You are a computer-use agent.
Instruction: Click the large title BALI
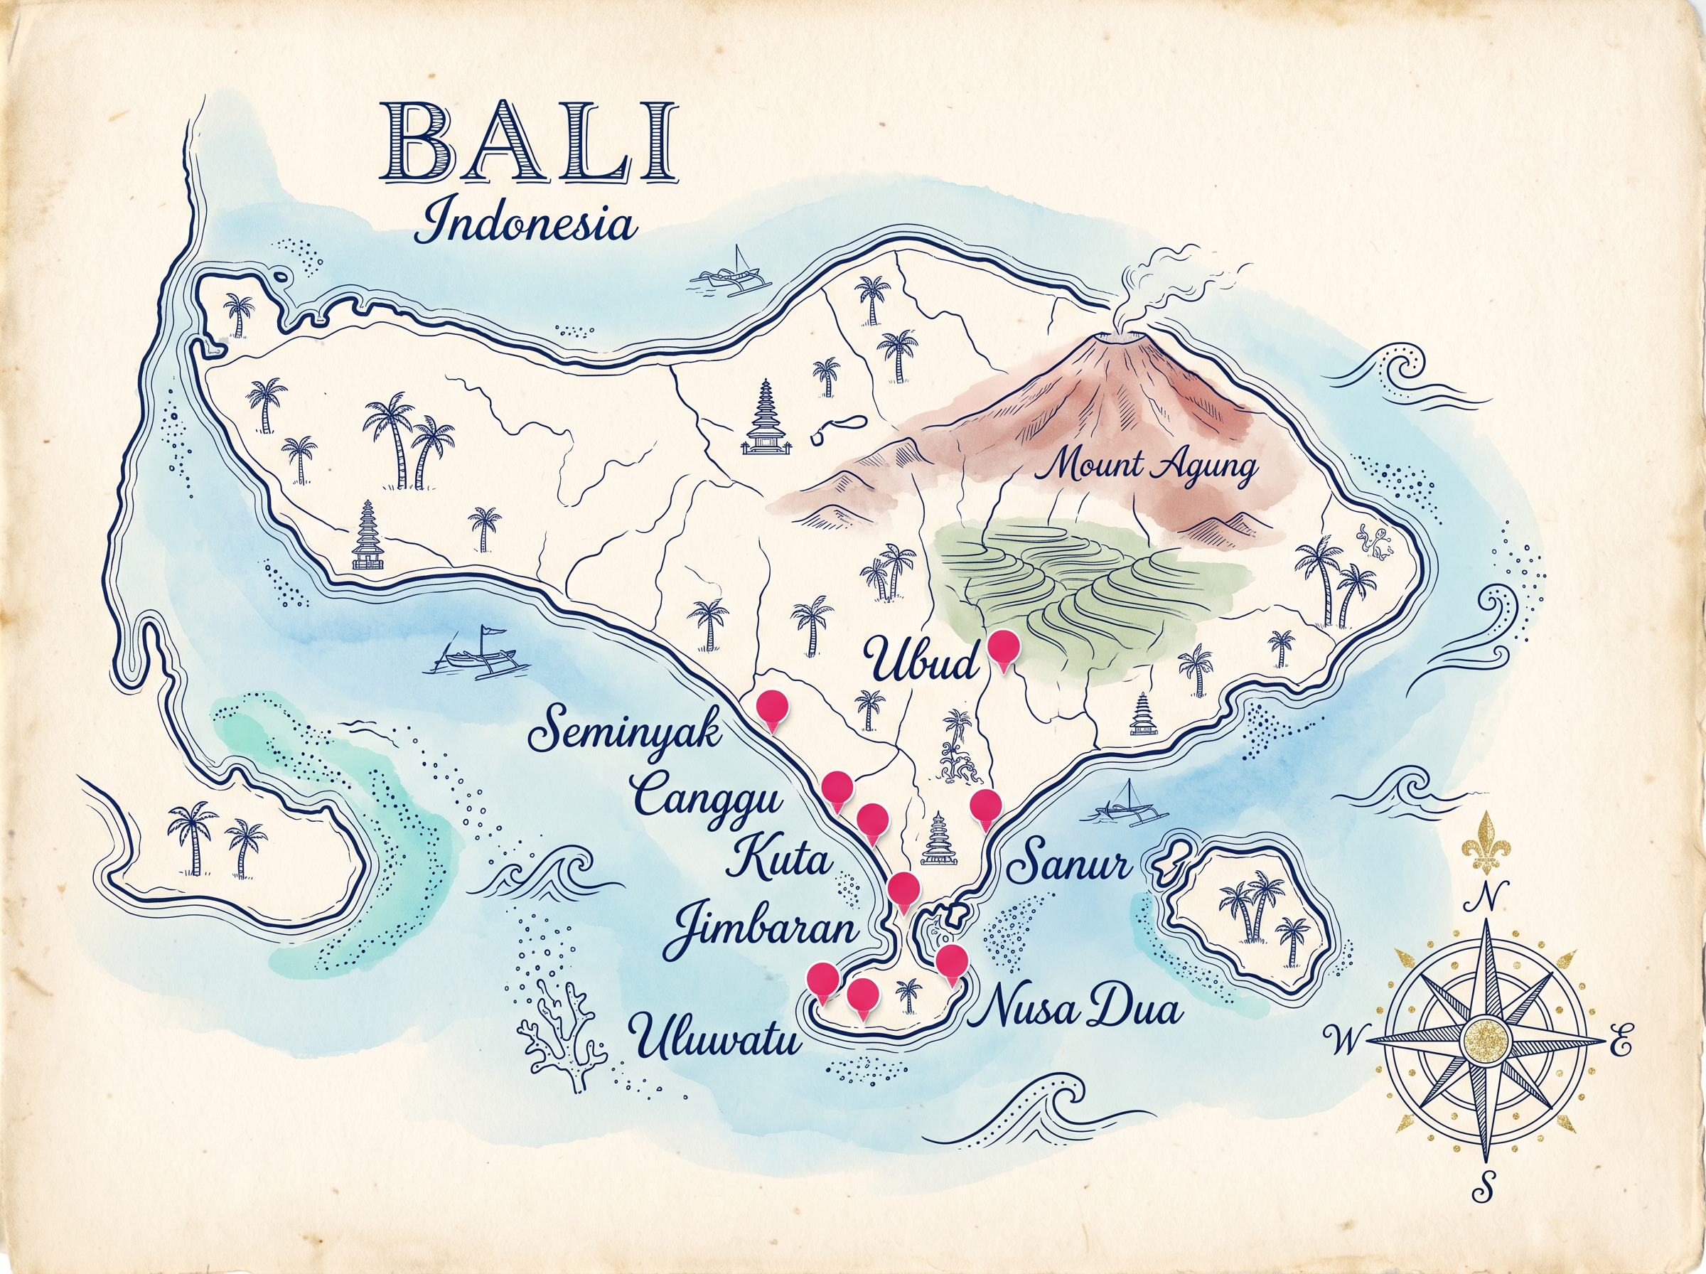[x=530, y=144]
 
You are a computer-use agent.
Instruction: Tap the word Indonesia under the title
[x=527, y=223]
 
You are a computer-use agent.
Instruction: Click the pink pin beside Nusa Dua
[x=952, y=960]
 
